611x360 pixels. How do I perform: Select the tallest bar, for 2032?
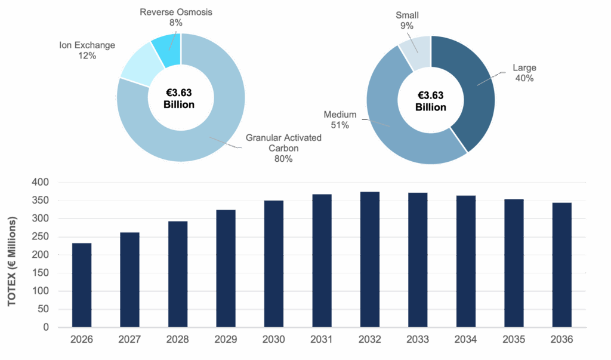pyautogui.click(x=369, y=259)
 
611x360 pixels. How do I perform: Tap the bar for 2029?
pyautogui.click(x=226, y=268)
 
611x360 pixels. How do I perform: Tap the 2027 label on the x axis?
pyautogui.click(x=129, y=339)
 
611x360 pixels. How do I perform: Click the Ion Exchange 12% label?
pyautogui.click(x=86, y=50)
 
